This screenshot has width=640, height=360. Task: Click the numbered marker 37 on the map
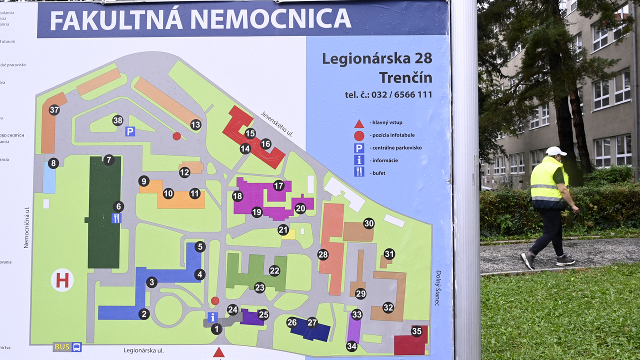pos(54,110)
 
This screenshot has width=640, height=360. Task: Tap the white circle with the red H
pos(62,280)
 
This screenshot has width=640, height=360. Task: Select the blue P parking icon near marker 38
pos(130,131)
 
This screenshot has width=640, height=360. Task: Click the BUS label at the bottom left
pos(62,346)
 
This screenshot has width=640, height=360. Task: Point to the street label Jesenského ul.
pos(276,123)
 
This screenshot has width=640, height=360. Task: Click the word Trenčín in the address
pos(405,77)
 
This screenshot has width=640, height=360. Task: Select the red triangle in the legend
pos(359,123)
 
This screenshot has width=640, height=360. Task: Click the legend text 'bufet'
pos(378,173)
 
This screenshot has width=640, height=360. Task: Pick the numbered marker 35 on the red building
pos(417,331)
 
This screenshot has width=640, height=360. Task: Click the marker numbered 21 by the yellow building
pos(283,230)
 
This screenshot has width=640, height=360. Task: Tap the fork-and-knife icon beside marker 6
pos(116,218)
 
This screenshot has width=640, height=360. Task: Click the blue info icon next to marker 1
pos(212,317)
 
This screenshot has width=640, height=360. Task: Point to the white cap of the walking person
pos(555,150)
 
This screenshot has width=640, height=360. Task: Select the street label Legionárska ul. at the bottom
pos(144,350)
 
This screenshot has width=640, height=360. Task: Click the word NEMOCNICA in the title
pos(270,18)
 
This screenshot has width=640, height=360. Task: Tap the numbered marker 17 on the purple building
pos(278,185)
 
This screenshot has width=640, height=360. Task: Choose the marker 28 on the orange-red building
pos(323,254)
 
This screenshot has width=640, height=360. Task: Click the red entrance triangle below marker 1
pos(218,352)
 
